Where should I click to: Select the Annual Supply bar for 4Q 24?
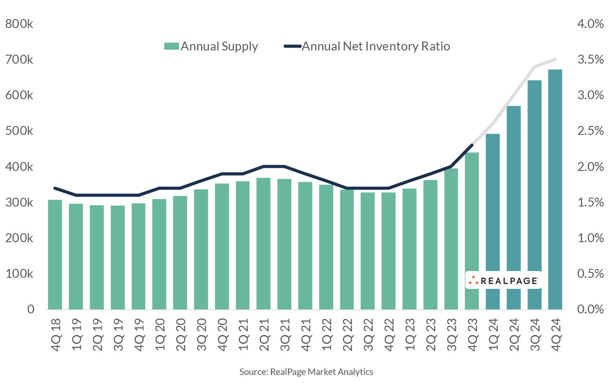tap(555, 189)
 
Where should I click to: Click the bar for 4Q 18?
tap(55, 254)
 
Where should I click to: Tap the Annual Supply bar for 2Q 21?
tap(263, 243)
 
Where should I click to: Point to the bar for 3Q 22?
tap(367, 251)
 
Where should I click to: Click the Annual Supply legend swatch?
tap(171, 46)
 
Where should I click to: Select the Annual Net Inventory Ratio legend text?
tap(376, 46)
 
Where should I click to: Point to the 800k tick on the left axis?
tap(19, 24)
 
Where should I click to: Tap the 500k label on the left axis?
tap(19, 131)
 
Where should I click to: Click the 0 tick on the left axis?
tap(30, 309)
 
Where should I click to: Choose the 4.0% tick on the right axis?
tap(591, 24)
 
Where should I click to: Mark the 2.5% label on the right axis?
tap(591, 131)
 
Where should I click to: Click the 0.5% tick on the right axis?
tap(591, 274)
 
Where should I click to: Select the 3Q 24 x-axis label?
tap(534, 335)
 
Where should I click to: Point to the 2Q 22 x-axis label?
tap(347, 335)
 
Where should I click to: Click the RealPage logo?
tap(503, 280)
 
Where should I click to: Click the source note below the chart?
tap(306, 372)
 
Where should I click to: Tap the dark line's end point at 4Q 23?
tap(472, 145)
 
